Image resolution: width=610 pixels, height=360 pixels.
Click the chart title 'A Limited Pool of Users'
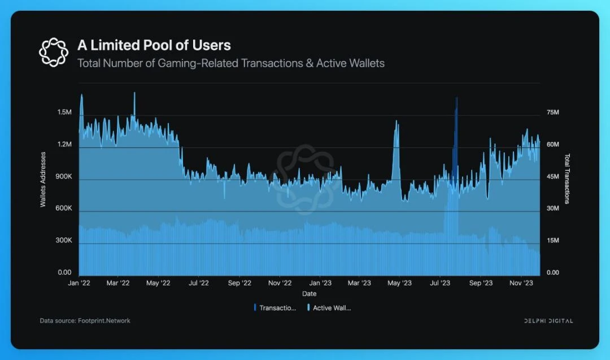tap(154, 45)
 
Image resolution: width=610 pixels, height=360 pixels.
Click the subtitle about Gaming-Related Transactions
tap(230, 63)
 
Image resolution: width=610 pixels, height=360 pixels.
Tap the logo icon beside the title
tap(53, 51)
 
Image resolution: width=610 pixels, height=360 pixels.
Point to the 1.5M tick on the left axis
tap(64, 112)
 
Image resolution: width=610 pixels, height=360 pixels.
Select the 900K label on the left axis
tap(63, 177)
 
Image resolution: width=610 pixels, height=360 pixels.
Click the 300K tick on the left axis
tap(63, 241)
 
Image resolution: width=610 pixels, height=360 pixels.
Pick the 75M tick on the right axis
tap(552, 112)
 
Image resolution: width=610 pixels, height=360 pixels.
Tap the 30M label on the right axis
tap(552, 209)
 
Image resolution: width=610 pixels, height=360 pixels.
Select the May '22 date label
tap(159, 283)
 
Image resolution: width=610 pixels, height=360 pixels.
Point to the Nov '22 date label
tap(280, 283)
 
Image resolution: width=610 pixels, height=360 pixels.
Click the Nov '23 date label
tap(522, 283)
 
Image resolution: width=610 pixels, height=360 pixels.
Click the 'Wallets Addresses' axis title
tap(43, 179)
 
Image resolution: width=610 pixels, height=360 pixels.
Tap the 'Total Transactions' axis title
tap(568, 179)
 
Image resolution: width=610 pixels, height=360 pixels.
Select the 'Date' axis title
tap(309, 294)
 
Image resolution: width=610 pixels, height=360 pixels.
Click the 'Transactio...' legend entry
tap(276, 308)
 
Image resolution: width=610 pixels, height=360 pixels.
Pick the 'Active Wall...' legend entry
tap(330, 308)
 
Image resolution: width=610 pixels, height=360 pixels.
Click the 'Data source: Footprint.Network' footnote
tap(85, 320)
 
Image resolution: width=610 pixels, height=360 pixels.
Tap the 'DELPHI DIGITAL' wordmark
tap(548, 321)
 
